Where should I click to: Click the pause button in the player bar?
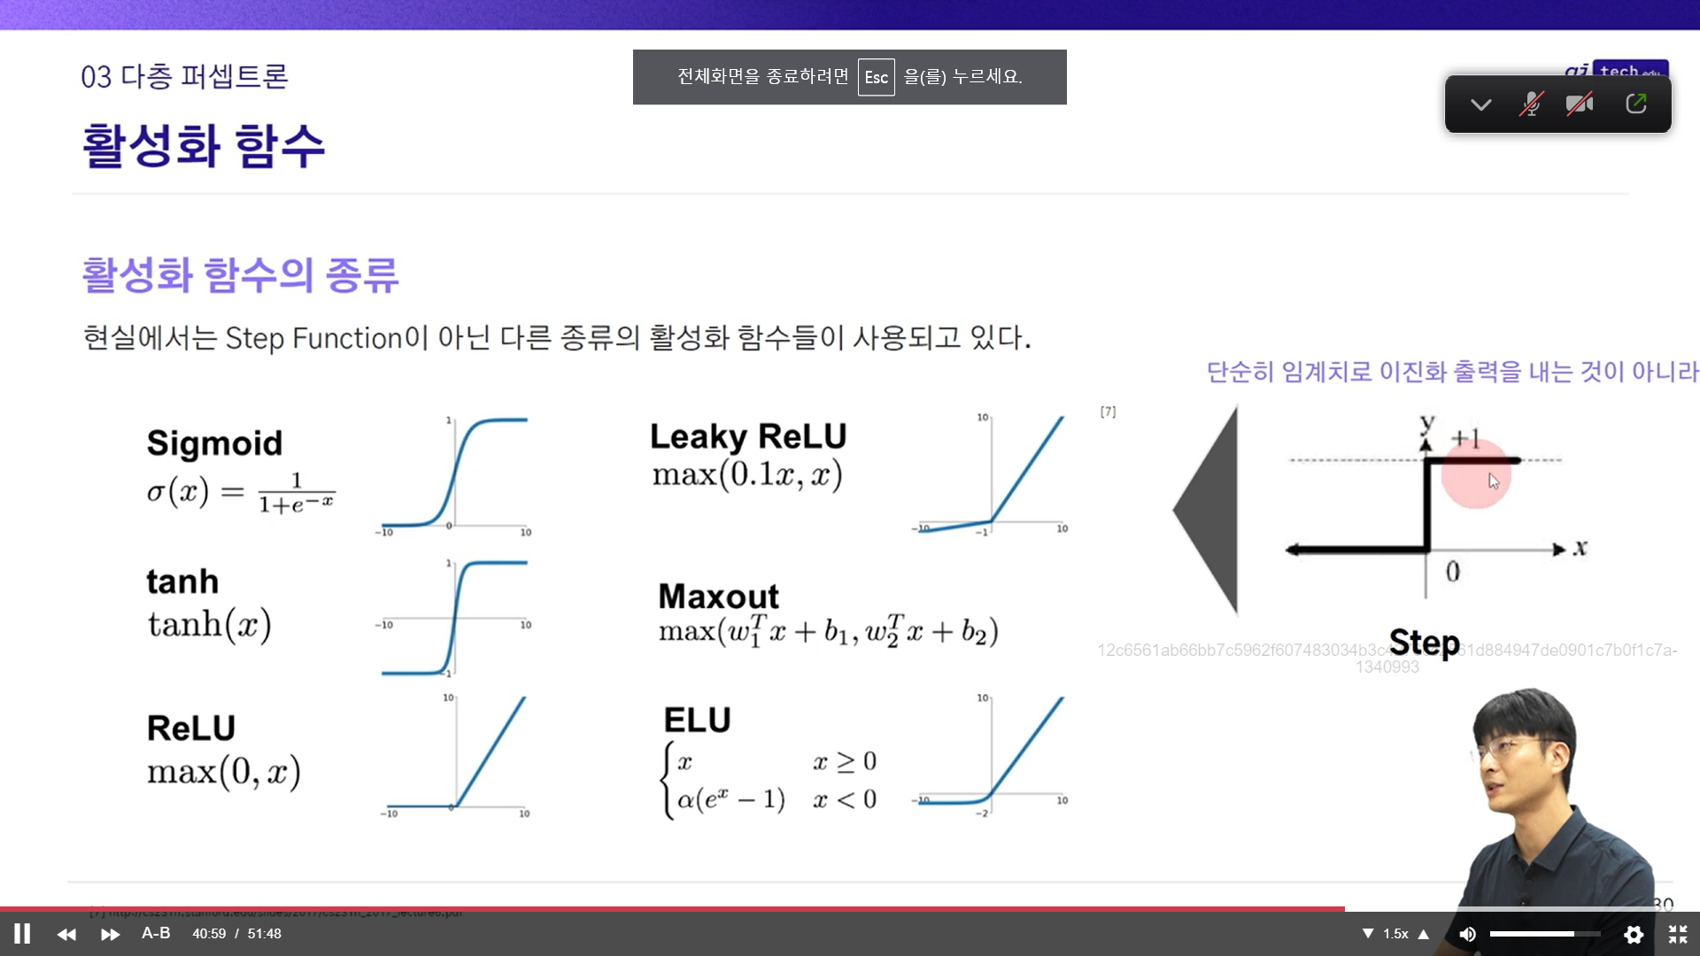pos(22,934)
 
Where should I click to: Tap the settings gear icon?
pos(1634,934)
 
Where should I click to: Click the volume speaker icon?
pos(1467,934)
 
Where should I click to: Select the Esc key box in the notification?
pos(876,77)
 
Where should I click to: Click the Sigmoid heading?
pos(214,443)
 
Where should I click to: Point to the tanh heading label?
pos(182,582)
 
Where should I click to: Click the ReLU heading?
pos(191,728)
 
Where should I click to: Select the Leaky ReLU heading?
pos(748,436)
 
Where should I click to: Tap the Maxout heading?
pos(718,596)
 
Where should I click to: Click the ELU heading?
pos(697,720)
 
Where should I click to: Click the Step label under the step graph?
pos(1424,643)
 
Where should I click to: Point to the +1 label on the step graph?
pos(1465,437)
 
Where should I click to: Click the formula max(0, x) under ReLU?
pos(224,772)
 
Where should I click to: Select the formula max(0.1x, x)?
pos(747,475)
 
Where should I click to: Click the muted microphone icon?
pos(1530,104)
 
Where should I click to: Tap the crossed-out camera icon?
pos(1579,104)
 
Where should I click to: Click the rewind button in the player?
pos(66,934)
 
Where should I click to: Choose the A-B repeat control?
pos(156,933)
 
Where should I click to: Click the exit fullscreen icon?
pos(1677,934)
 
